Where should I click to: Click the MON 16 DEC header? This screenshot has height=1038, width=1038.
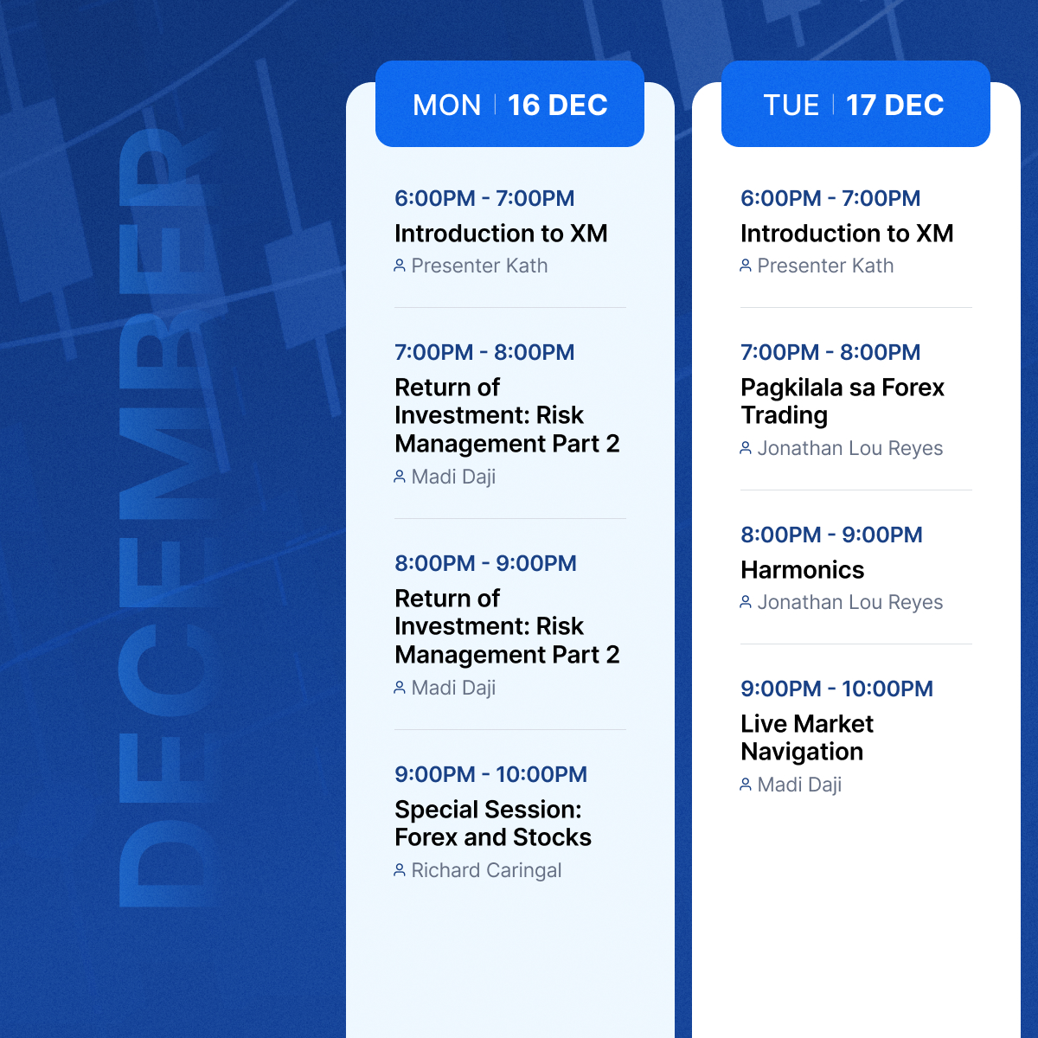509,105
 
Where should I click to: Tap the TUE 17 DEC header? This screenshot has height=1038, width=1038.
855,105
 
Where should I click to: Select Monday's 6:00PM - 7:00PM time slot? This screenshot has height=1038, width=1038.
484,198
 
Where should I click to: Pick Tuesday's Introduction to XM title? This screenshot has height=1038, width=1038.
847,234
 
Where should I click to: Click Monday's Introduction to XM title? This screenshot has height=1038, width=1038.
501,234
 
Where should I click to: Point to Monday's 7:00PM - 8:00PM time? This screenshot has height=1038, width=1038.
484,352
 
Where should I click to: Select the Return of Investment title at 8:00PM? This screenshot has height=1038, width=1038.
507,626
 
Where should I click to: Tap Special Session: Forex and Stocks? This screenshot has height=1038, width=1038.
493,823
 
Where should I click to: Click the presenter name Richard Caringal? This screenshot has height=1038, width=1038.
486,870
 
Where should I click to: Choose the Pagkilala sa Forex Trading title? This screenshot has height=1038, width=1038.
843,401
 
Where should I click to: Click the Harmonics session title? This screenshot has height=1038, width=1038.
803,570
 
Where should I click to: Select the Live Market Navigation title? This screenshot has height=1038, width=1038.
807,738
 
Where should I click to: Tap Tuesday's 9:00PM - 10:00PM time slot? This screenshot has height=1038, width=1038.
836,689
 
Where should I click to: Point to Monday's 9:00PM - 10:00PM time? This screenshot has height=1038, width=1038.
490,774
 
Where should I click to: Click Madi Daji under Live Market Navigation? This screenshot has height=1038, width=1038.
799,785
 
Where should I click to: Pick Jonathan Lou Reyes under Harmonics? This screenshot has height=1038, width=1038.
849,602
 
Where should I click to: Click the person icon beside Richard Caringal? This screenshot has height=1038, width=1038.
400,870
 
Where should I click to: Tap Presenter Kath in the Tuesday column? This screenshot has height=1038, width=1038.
825,266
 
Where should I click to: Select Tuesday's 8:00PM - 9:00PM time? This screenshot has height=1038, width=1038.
831,535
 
